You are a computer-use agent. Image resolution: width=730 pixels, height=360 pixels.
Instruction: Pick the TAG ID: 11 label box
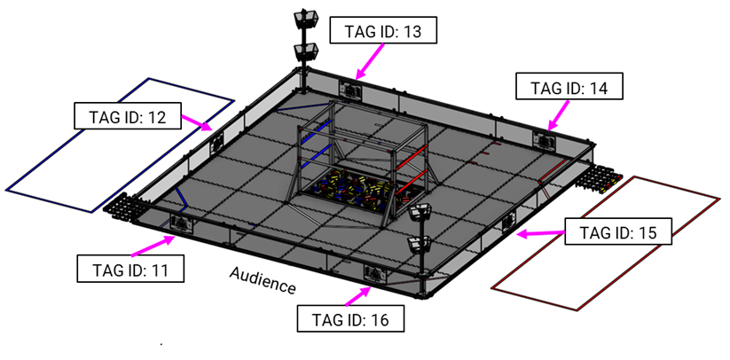131,267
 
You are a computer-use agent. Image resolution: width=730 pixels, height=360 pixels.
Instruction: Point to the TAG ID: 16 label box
352,317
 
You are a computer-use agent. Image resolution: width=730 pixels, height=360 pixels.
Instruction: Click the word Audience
263,279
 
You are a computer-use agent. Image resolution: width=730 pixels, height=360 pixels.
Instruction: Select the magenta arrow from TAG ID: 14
559,114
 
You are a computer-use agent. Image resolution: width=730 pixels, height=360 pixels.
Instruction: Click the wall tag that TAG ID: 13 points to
351,89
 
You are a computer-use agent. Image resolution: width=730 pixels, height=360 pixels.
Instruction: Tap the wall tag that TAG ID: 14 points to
544,138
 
